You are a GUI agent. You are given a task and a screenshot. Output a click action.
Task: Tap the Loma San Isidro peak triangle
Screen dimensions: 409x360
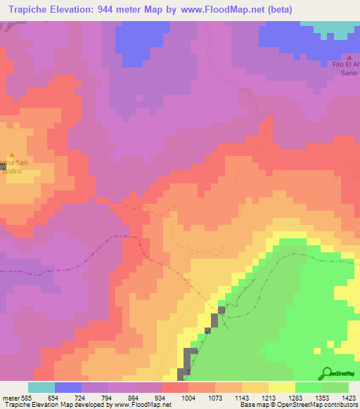pos(11,155)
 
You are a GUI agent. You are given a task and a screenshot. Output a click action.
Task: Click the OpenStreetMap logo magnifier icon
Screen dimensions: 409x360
pos(326,372)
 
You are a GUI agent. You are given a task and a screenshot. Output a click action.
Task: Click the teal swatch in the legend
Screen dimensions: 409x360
pos(41,387)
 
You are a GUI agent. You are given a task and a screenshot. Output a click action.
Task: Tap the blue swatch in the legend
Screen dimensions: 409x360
pos(68,387)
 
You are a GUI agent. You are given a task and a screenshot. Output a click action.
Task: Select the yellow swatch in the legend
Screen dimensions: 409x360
pos(282,387)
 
